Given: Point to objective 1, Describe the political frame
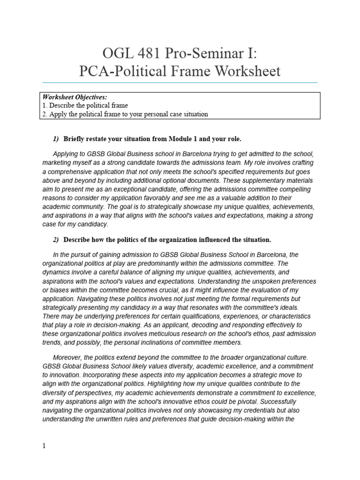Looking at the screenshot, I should pos(85,105).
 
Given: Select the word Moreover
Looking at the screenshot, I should pos(68,357).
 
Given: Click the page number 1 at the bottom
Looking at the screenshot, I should pos(44,446).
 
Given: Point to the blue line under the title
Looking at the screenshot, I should pos(180,82).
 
